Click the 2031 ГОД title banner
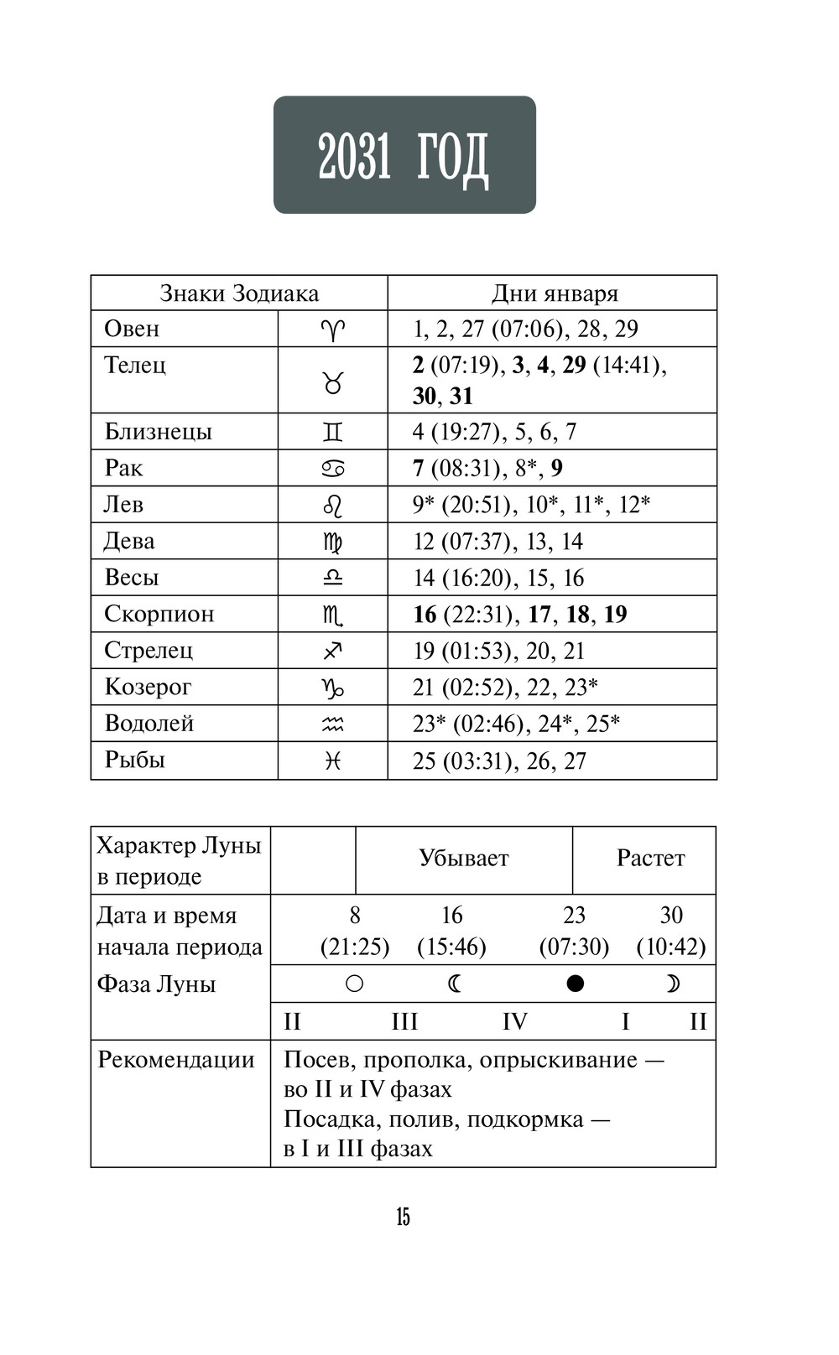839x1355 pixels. (404, 155)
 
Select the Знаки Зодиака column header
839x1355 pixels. (239, 293)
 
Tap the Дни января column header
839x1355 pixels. (554, 293)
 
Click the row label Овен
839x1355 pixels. (132, 329)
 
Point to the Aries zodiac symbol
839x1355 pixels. (333, 330)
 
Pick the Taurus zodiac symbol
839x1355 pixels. (333, 383)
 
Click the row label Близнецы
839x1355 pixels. (158, 432)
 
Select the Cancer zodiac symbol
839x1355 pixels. (333, 469)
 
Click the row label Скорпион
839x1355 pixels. (159, 614)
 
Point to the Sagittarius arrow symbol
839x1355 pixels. (333, 651)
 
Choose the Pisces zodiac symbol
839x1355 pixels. (333, 761)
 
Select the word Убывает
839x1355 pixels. (463, 858)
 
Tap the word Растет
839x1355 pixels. (650, 858)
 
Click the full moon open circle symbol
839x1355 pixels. (355, 984)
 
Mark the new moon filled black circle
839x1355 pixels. (575, 984)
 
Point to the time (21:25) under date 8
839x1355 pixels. (355, 947)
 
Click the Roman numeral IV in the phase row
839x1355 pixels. (514, 1021)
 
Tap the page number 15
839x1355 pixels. (404, 1217)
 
